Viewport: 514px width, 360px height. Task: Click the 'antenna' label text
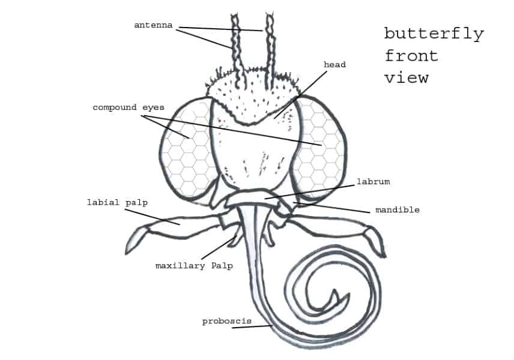coord(153,25)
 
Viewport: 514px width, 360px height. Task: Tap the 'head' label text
coord(334,65)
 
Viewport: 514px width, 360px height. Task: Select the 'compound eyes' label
coord(128,108)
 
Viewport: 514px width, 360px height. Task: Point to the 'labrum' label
coord(373,181)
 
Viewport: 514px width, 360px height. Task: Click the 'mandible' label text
coord(398,209)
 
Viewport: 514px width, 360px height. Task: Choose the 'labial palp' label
coord(117,203)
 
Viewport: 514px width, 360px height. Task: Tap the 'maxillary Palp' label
coord(194,266)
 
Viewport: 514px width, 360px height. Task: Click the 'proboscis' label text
coord(227,322)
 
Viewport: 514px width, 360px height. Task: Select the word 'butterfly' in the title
coord(434,34)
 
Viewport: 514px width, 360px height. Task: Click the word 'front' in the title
coord(411,56)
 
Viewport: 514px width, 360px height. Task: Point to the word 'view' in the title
coord(407,78)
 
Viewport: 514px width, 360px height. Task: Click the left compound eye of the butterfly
coord(187,151)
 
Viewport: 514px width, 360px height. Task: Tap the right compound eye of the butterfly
coord(319,148)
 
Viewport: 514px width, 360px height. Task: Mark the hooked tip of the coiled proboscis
coord(334,291)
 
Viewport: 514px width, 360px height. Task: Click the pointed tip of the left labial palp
coord(127,253)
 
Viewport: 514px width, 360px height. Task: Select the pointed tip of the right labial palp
coord(384,256)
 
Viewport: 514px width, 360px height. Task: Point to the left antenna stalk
coord(238,49)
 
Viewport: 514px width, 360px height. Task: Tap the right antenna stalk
coord(270,49)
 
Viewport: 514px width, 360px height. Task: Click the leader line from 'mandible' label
coord(331,208)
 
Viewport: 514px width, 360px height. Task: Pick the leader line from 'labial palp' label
coord(153,217)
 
